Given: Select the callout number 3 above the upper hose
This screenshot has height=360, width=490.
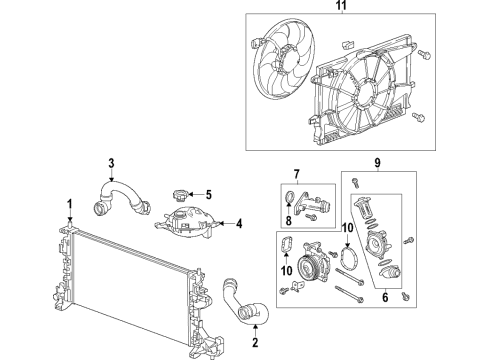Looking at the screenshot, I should (112, 164).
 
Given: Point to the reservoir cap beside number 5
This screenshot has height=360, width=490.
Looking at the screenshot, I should (179, 195).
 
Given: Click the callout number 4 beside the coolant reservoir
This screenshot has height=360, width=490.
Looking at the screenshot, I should (239, 224).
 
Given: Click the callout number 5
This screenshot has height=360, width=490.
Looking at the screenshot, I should (209, 195).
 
